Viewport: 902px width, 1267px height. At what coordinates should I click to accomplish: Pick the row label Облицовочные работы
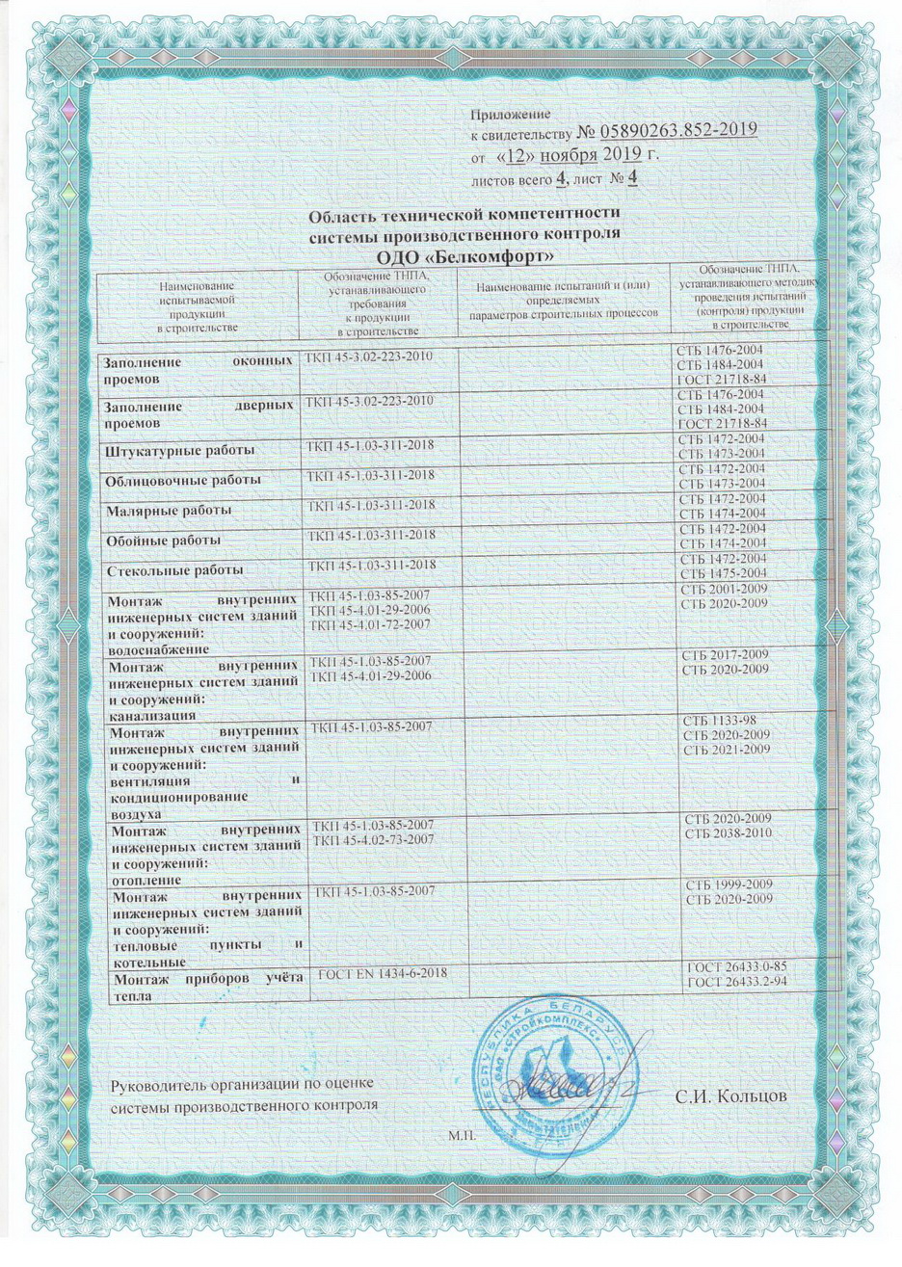click(183, 480)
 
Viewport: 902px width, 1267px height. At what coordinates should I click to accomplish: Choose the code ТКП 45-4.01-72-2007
click(369, 625)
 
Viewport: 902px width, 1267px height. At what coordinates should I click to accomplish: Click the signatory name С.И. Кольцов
click(732, 1097)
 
